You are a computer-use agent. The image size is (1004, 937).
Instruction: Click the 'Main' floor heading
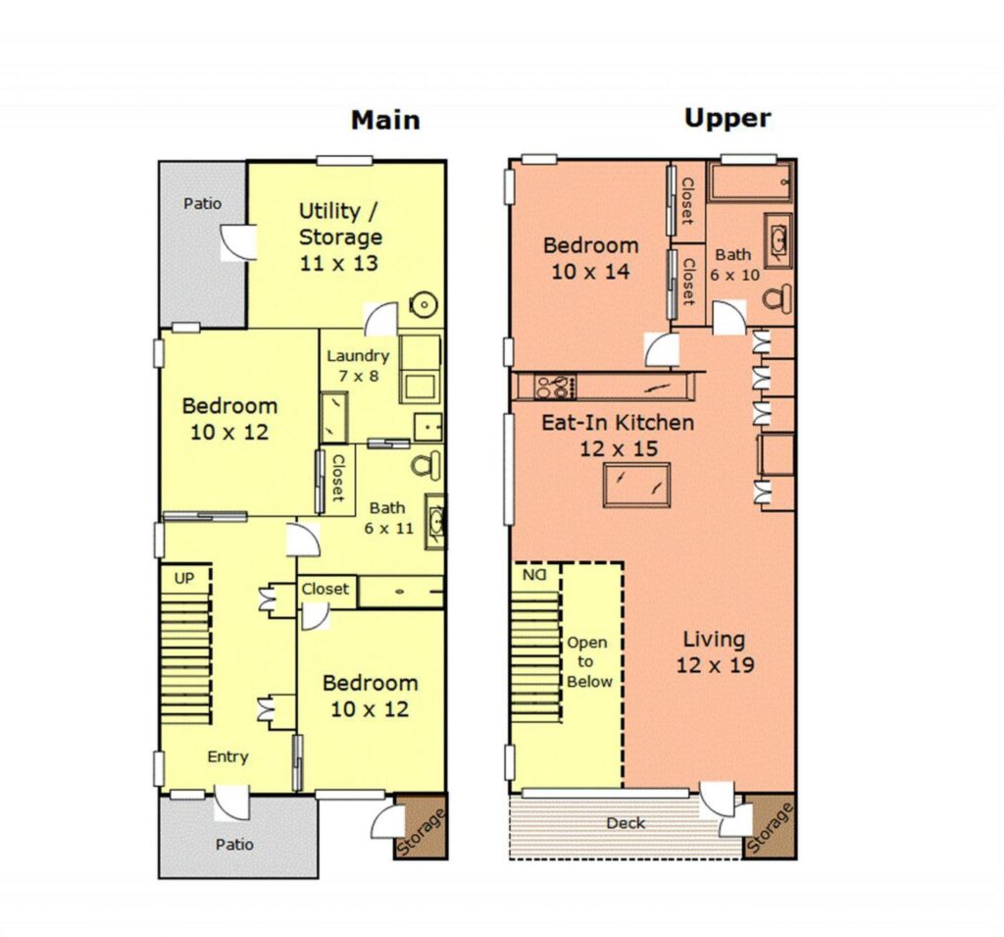pyautogui.click(x=385, y=121)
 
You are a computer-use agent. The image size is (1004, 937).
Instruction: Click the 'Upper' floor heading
pyautogui.click(x=728, y=119)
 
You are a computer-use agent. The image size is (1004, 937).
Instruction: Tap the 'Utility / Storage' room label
pyautogui.click(x=340, y=224)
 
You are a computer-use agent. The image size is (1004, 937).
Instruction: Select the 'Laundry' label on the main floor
pyautogui.click(x=358, y=356)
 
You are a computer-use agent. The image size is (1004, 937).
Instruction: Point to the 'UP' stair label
pyautogui.click(x=184, y=578)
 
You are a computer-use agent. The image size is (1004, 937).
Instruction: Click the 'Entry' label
pyautogui.click(x=227, y=756)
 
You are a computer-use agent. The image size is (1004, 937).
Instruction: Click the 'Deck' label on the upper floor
pyautogui.click(x=626, y=823)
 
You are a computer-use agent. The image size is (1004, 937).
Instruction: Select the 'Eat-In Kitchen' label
pyautogui.click(x=618, y=422)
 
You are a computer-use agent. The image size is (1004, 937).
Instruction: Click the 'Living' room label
pyautogui.click(x=714, y=639)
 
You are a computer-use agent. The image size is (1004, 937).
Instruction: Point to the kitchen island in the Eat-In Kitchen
pyautogui.click(x=636, y=485)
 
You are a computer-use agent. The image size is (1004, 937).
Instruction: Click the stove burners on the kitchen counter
pyautogui.click(x=555, y=388)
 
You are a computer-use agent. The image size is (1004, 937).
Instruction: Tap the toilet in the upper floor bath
pyautogui.click(x=778, y=298)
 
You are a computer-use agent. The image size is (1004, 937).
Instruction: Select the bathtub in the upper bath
pyautogui.click(x=750, y=182)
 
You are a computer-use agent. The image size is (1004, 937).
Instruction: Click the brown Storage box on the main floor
pyautogui.click(x=420, y=827)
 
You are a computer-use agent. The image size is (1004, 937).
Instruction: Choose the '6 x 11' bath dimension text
pyautogui.click(x=388, y=529)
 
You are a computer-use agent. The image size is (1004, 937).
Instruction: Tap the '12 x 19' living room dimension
pyautogui.click(x=715, y=665)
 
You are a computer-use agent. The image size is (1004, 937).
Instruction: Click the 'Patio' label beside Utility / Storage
pyautogui.click(x=202, y=204)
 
